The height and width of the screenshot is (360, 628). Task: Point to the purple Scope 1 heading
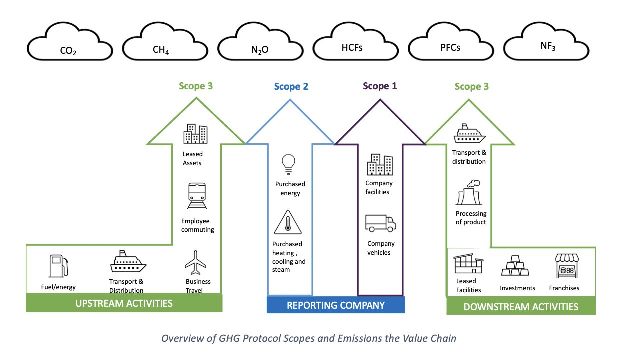(379, 86)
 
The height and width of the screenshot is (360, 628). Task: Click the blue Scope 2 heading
(291, 86)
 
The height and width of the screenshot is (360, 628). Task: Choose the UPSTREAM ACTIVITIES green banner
(124, 303)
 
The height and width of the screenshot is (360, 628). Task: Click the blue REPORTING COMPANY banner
(335, 305)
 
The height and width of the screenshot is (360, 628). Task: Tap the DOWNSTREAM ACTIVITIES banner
(521, 306)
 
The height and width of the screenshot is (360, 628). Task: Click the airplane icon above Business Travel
(195, 261)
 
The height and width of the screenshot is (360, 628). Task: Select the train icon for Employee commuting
(197, 195)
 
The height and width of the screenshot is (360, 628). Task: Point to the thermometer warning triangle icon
(287, 223)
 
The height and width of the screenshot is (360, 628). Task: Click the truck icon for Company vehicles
(380, 224)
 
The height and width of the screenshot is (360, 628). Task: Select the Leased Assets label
(192, 158)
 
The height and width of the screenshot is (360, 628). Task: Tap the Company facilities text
(379, 187)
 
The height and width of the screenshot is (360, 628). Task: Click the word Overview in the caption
(181, 338)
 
